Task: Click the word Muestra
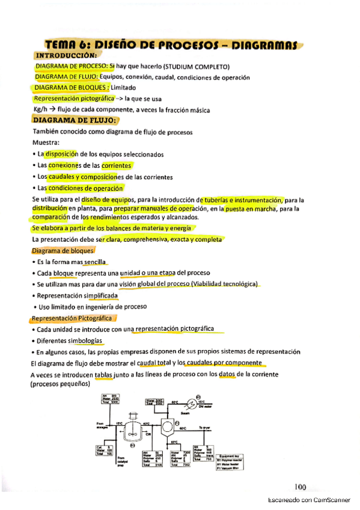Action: [x=46, y=143]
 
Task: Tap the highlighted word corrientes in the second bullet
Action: [x=117, y=165]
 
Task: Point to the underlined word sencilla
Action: [x=95, y=262]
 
